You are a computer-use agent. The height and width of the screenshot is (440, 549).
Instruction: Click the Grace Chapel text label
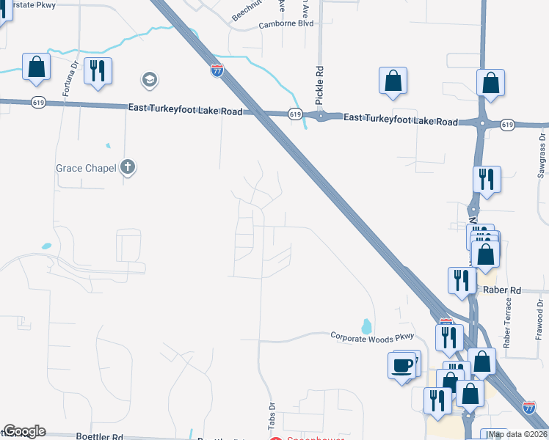pyautogui.click(x=86, y=168)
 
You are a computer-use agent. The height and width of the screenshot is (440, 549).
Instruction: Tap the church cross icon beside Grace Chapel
pyautogui.click(x=128, y=168)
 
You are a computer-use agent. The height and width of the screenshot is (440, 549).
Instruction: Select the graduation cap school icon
pyautogui.click(x=150, y=79)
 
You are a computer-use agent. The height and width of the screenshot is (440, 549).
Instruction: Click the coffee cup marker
pyautogui.click(x=401, y=366)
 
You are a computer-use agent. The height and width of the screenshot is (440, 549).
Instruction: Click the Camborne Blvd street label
pyautogui.click(x=286, y=23)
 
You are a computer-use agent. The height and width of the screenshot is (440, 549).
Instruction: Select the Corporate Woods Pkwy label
pyautogui.click(x=373, y=337)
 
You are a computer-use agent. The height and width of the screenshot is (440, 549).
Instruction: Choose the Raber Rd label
pyautogui.click(x=502, y=290)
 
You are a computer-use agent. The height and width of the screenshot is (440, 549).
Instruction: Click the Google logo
pyautogui.click(x=24, y=431)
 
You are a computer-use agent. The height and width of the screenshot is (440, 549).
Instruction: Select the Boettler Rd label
pyautogui.click(x=100, y=436)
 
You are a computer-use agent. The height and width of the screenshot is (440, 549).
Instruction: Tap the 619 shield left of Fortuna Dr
pyautogui.click(x=38, y=103)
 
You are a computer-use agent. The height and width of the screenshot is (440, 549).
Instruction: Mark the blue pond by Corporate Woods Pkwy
pyautogui.click(x=366, y=325)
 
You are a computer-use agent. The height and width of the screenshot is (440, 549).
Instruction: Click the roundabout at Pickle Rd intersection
pyautogui.click(x=320, y=116)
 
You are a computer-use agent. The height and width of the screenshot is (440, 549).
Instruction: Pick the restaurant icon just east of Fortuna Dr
pyautogui.click(x=98, y=71)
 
